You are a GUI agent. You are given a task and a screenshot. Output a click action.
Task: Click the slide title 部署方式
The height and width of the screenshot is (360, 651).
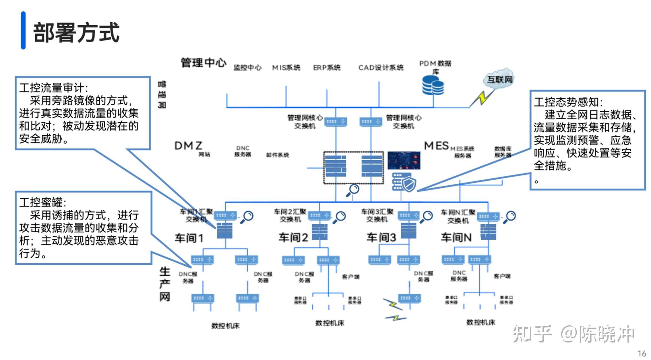click(76, 32)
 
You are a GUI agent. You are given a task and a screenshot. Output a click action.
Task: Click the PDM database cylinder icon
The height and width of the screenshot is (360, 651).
click(433, 85)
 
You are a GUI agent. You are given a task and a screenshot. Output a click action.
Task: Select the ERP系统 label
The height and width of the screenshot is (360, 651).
click(326, 68)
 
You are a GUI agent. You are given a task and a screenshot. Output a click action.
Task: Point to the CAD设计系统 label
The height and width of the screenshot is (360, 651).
click(381, 68)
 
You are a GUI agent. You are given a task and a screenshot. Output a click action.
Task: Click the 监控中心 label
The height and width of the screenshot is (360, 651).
click(247, 68)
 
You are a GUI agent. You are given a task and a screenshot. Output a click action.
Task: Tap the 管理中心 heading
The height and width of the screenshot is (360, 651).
click(203, 63)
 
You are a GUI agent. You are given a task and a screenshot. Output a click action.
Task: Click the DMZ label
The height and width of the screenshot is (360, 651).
click(188, 146)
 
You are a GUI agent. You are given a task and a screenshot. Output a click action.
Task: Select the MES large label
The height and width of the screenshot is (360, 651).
click(436, 146)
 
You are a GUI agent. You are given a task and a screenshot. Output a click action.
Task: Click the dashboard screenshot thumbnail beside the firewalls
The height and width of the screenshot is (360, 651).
click(404, 161)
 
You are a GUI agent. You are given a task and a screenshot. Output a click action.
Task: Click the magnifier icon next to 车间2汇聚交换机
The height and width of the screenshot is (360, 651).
click(340, 217)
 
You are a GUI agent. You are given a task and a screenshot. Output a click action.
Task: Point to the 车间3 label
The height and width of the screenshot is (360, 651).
click(381, 238)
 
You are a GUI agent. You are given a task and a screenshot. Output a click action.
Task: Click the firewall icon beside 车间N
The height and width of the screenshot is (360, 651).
click(488, 231)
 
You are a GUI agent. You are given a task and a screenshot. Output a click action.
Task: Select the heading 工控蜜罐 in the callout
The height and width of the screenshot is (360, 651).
click(42, 203)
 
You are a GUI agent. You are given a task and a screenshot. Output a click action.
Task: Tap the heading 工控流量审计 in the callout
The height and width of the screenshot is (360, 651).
click(53, 88)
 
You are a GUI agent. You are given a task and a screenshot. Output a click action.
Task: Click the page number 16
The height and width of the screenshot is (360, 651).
click(642, 353)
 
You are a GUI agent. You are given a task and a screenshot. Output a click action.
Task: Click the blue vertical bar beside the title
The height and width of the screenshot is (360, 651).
click(23, 30)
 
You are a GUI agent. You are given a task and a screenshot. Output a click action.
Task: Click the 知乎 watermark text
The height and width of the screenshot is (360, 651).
click(532, 334)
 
